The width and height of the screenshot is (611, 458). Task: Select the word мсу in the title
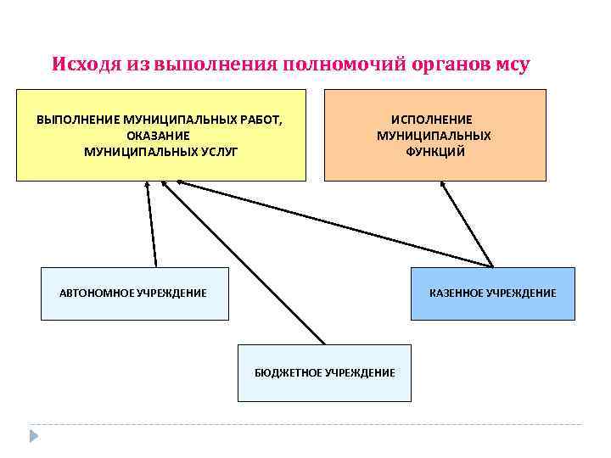[510, 64]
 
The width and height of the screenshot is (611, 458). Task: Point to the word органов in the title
[451, 64]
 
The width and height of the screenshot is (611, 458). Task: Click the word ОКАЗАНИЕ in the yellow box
[158, 136]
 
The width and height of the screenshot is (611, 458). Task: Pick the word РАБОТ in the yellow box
[258, 120]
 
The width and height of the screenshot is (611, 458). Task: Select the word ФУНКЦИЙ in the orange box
[434, 152]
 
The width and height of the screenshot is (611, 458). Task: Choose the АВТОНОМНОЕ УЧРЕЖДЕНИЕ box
[135, 293]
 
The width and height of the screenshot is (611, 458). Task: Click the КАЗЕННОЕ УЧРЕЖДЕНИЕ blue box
[492, 293]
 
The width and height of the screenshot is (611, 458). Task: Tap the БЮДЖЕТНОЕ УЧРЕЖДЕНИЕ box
[324, 373]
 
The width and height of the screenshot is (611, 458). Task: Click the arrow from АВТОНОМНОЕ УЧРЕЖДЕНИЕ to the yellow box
[151, 225]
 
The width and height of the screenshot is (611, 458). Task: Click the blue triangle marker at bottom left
[34, 436]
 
